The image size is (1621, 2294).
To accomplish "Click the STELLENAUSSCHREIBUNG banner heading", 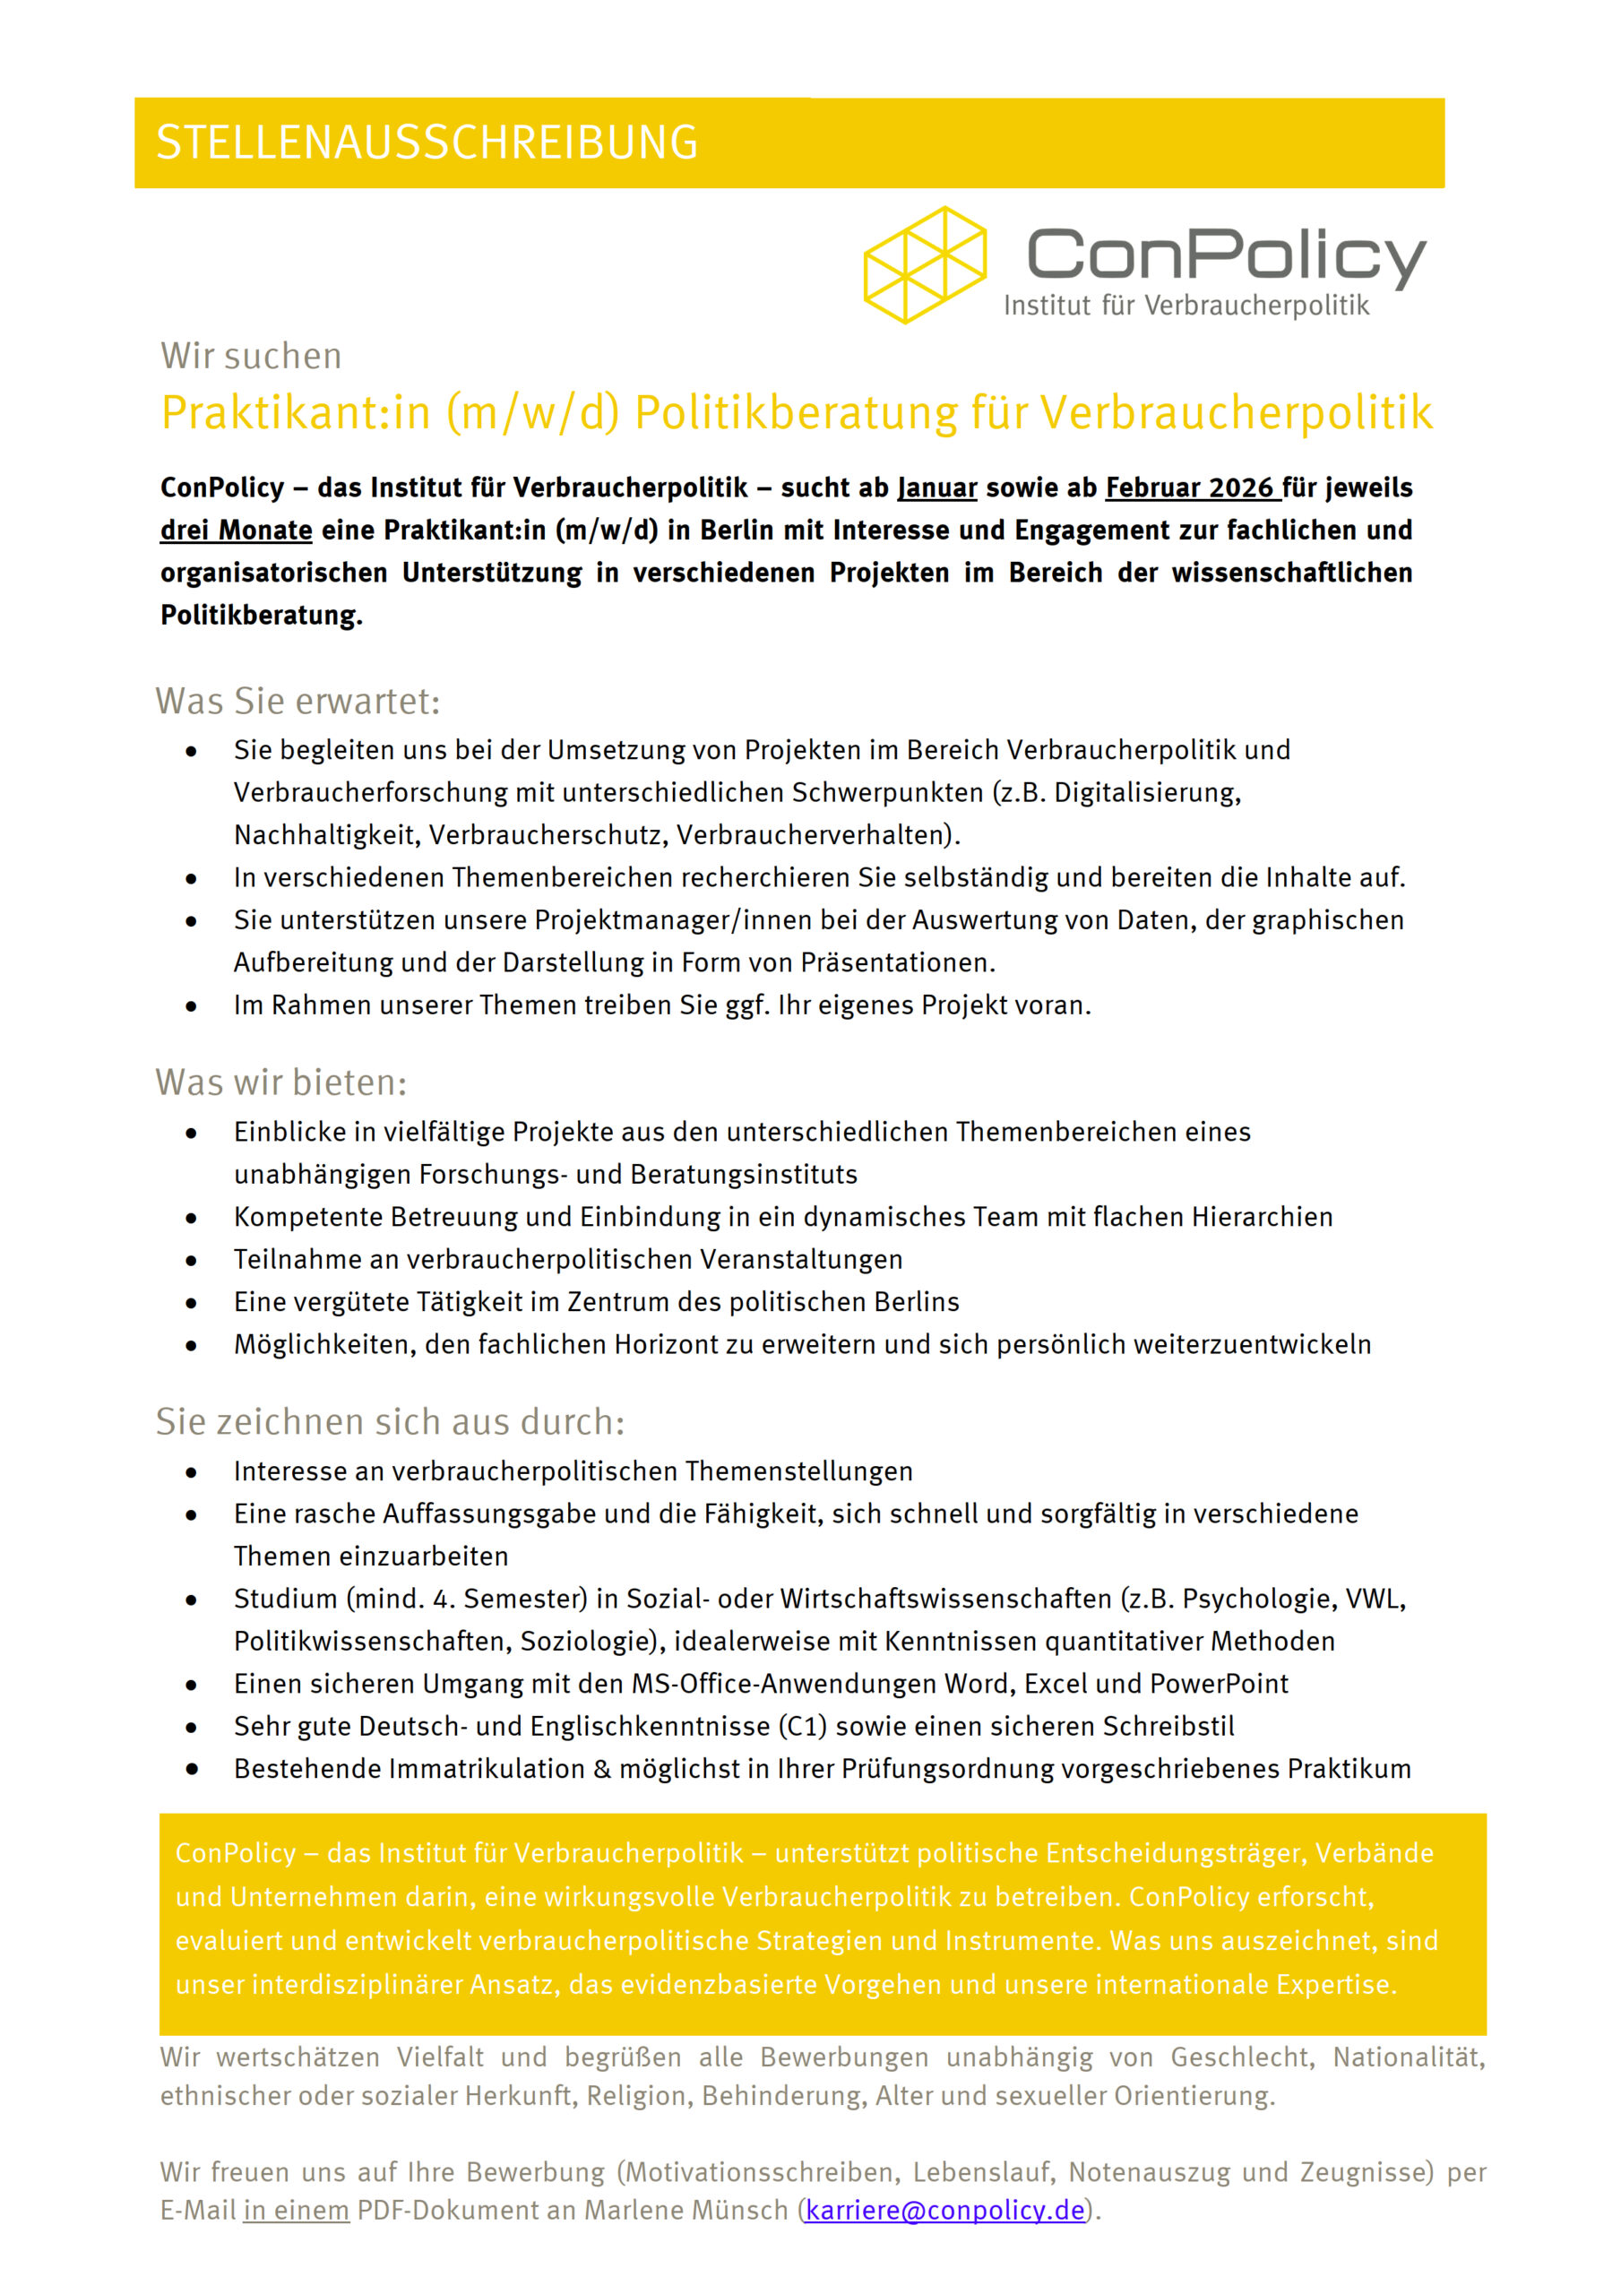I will [x=427, y=142].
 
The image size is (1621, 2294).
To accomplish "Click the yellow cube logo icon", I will [x=925, y=264].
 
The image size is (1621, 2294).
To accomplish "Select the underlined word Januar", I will [x=937, y=487].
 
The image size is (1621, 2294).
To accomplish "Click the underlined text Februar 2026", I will [x=1189, y=487].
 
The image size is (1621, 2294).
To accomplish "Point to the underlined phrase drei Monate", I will [x=236, y=530].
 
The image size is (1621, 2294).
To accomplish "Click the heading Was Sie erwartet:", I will [x=297, y=702].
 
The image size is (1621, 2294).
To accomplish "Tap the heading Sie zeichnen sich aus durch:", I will [x=390, y=1422].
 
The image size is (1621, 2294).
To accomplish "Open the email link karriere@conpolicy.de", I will [x=944, y=2210].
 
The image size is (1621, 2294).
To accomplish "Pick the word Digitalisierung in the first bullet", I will [x=1147, y=792].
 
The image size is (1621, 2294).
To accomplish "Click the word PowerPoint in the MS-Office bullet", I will [x=1220, y=1684].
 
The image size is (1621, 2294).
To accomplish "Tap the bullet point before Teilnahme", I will [x=191, y=1261].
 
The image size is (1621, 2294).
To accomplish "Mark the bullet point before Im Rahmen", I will [x=191, y=1006].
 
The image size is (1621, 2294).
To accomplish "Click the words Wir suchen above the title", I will [x=251, y=357].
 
